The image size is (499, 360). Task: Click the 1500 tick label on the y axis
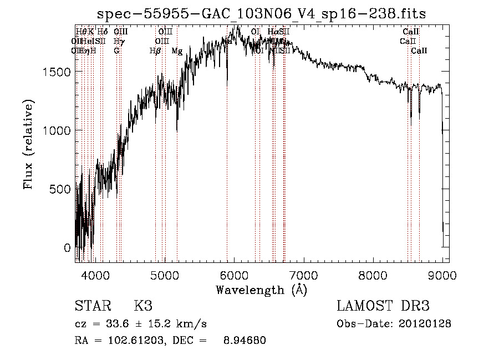[x=57, y=72]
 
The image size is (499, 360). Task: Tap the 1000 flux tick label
[x=57, y=130]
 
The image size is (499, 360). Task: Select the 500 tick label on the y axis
[x=61, y=189]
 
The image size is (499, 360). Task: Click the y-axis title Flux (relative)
[x=29, y=144]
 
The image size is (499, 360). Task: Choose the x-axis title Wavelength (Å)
[x=261, y=290]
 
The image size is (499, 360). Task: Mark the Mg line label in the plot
[x=177, y=51]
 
